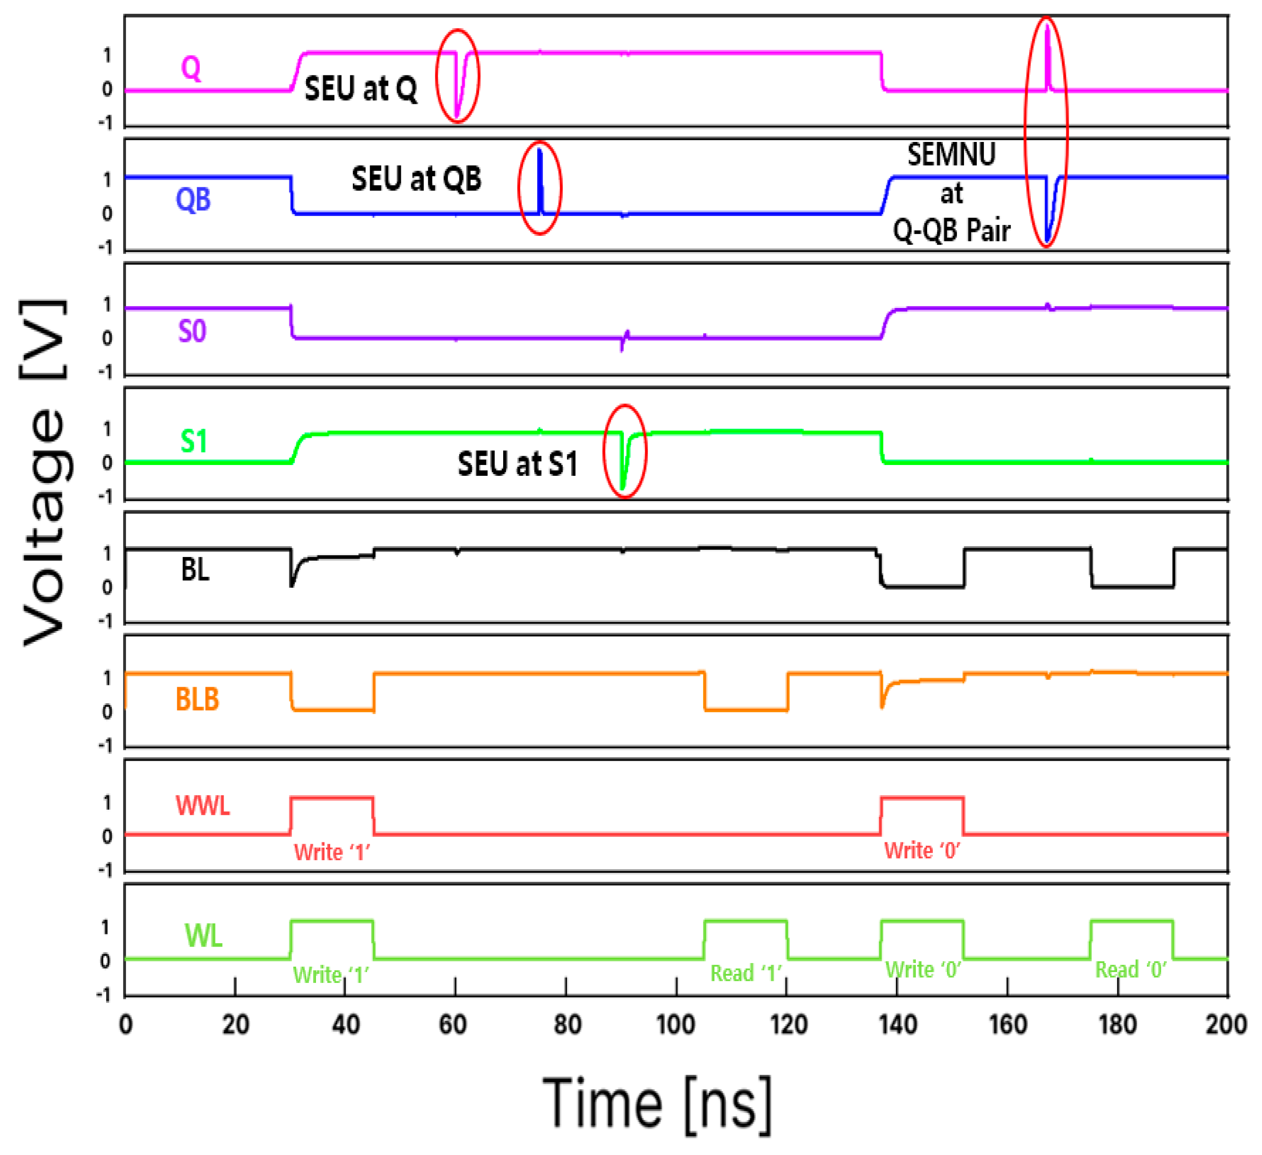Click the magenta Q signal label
pyautogui.click(x=191, y=67)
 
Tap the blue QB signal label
pyautogui.click(x=193, y=199)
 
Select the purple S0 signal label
pyautogui.click(x=192, y=331)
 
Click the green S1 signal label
pyautogui.click(x=193, y=441)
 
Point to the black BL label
pyautogui.click(x=195, y=570)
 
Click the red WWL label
pyautogui.click(x=202, y=805)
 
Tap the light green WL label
pyautogui.click(x=203, y=935)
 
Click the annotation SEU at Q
pyautogui.click(x=361, y=88)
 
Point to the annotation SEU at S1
pyautogui.click(x=517, y=464)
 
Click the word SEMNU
pyautogui.click(x=951, y=155)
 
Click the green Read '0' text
pyautogui.click(x=1130, y=970)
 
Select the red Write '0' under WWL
pyautogui.click(x=922, y=850)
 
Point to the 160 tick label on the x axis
pyautogui.click(x=1007, y=1025)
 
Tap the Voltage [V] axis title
pyautogui.click(x=44, y=473)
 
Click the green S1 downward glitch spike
pyautogui.click(x=622, y=476)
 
